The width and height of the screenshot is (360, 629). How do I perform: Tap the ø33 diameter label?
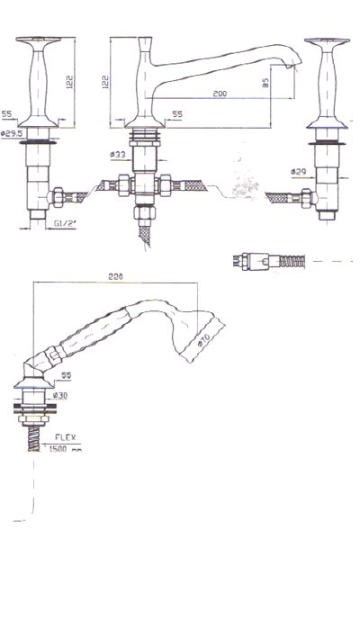[117, 155]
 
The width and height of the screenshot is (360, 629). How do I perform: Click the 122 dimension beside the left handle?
[69, 81]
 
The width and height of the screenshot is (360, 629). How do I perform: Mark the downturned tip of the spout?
[295, 65]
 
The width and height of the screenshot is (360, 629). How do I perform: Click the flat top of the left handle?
[40, 42]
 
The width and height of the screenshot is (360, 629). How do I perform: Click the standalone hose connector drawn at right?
[270, 262]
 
